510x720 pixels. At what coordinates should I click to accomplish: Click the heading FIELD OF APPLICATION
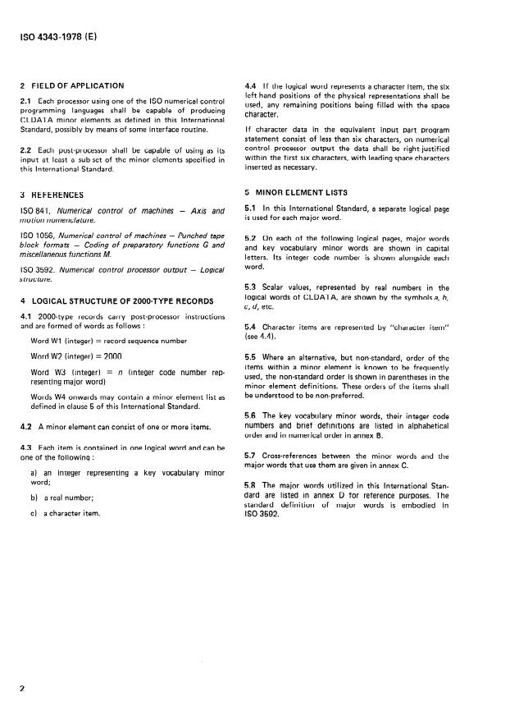[x=77, y=85]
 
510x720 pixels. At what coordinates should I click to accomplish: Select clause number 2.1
[x=25, y=101]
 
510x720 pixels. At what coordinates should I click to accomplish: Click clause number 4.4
[x=252, y=85]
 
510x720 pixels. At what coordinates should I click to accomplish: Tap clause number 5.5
[x=252, y=358]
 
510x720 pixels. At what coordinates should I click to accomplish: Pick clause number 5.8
[x=252, y=495]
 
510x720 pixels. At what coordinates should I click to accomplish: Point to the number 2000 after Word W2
[x=112, y=357]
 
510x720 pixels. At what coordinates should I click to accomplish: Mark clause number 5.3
[x=252, y=287]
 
